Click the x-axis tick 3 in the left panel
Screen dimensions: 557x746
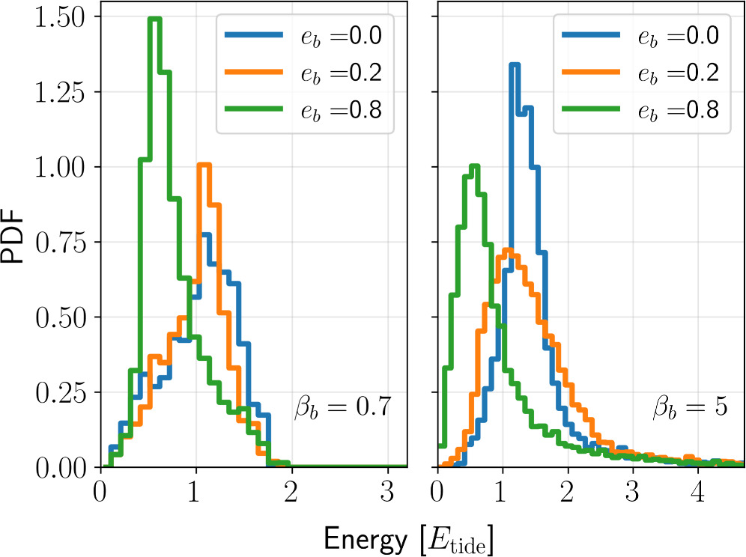[387, 493]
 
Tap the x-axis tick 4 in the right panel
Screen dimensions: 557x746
[698, 493]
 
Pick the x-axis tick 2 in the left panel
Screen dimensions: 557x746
[291, 493]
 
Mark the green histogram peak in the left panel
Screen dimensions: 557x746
[155, 18]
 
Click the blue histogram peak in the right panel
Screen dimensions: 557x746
[514, 64]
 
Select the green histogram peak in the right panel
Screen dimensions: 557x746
[473, 165]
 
